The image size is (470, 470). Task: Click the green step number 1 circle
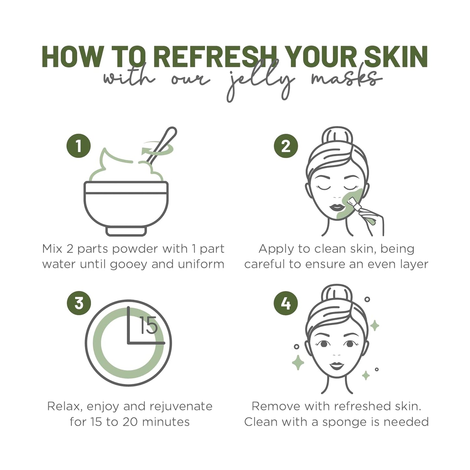click(78, 146)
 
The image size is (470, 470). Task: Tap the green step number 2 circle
click(286, 146)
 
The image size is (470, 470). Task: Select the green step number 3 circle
click(79, 303)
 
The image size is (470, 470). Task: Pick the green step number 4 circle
click(286, 303)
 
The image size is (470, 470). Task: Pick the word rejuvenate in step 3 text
click(181, 407)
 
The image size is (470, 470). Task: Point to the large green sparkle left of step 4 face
click(298, 362)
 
